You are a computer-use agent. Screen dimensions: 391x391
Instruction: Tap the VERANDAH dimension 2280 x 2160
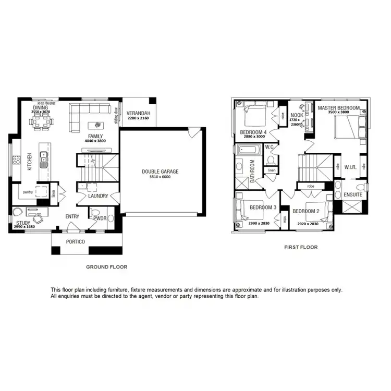[138, 118]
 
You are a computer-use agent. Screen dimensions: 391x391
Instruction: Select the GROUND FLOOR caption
[106, 266]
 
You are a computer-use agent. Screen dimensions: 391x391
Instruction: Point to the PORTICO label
[75, 241]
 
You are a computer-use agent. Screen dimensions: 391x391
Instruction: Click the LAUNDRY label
[98, 196]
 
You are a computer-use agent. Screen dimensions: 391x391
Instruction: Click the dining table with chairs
[42, 124]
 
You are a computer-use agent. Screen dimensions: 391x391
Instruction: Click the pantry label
[28, 192]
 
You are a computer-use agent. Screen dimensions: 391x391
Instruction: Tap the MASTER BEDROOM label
[339, 107]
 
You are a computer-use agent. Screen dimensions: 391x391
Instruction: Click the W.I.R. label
[349, 167]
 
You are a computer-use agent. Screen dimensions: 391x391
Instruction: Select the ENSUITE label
[353, 194]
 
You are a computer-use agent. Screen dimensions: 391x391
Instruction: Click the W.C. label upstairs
[270, 146]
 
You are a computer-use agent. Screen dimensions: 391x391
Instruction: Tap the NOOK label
[297, 115]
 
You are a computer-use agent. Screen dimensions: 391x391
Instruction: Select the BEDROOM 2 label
[306, 211]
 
